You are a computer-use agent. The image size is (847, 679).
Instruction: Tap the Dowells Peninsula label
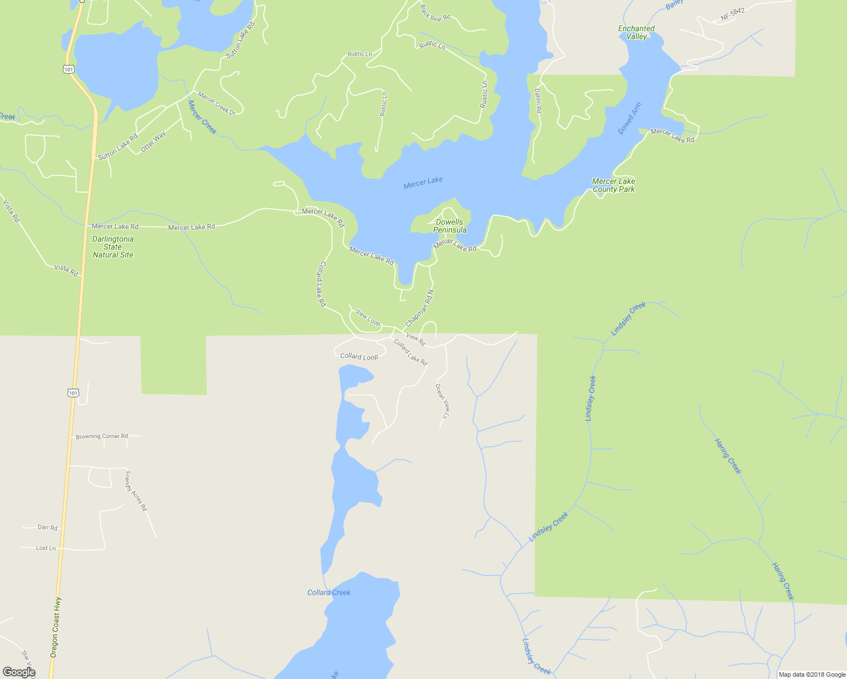point(450,226)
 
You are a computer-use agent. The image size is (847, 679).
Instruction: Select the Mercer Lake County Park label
point(614,185)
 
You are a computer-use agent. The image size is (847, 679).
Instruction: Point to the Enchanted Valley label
point(636,32)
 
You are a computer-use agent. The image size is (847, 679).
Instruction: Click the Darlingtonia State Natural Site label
point(113,247)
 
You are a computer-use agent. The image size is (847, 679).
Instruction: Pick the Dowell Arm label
point(630,118)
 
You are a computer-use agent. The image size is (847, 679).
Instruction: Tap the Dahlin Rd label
point(538,100)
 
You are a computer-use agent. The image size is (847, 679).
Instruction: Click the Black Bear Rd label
point(435,13)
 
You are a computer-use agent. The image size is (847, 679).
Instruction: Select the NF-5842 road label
point(733,15)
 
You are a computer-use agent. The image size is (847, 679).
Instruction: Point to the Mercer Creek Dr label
point(216,103)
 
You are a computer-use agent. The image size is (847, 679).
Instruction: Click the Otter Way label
point(153,141)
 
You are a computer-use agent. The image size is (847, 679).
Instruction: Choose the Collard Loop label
point(359,356)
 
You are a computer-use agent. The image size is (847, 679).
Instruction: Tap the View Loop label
point(368,317)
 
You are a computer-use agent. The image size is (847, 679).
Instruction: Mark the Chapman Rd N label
point(420,308)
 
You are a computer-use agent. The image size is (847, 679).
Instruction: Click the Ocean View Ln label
point(442,401)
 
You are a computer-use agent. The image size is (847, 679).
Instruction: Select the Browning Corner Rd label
point(102,436)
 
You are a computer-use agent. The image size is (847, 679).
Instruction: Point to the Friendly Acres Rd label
point(136,491)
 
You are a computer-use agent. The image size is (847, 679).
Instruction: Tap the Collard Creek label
point(329,592)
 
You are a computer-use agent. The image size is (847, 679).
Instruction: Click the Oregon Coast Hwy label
point(55,627)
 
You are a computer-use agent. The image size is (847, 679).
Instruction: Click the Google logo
point(19,672)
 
